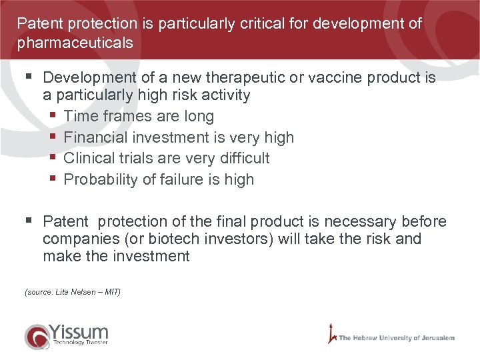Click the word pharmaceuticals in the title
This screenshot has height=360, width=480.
[x=75, y=43]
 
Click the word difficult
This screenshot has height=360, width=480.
[x=238, y=158]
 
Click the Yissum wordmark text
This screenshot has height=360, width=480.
[x=79, y=331]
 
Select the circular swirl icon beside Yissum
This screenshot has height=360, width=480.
[x=36, y=336]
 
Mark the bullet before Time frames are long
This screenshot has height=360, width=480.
[x=54, y=117]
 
